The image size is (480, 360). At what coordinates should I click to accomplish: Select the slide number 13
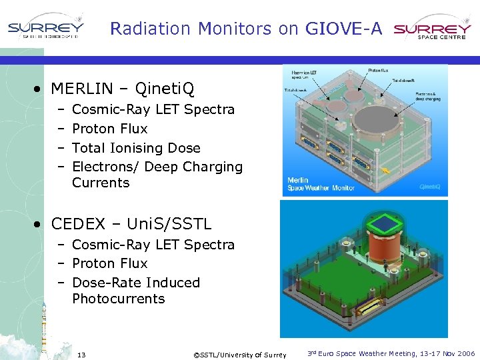point(82,354)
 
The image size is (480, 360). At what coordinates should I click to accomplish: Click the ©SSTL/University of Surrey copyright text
point(239,355)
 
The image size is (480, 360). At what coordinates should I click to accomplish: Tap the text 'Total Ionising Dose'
point(136,148)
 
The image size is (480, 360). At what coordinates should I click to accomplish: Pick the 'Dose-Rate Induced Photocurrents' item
point(136,291)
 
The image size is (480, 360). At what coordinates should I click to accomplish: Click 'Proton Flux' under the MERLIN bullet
point(109,129)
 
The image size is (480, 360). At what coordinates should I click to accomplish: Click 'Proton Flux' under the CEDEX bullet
point(109,263)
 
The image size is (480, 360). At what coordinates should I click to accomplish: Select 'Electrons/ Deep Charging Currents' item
point(157,175)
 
